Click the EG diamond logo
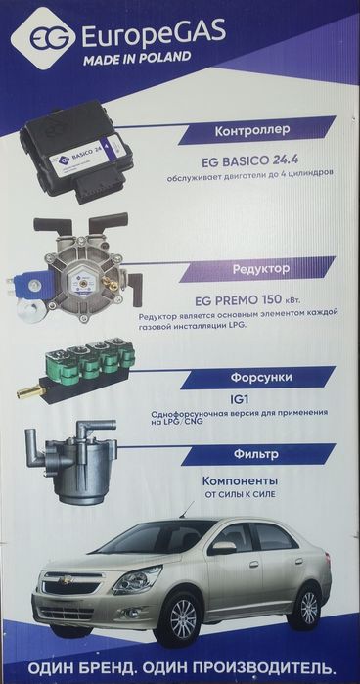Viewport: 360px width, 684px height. [42, 38]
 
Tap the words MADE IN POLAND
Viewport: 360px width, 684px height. [137, 58]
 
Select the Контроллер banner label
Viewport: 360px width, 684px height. [252, 130]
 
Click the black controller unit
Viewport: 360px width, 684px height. [76, 152]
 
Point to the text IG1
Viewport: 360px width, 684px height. [239, 399]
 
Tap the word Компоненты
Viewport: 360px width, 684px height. [240, 481]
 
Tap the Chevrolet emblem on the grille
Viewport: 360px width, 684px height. [66, 580]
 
